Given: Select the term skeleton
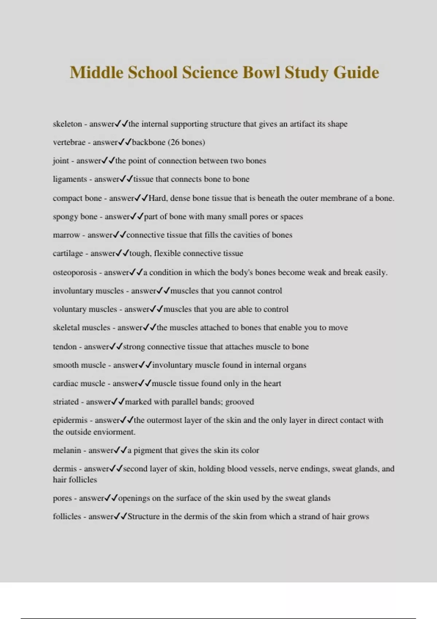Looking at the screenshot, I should tap(67, 124).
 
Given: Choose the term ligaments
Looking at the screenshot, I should tap(70, 179).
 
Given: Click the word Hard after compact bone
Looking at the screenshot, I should tap(157, 198).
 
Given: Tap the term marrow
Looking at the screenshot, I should tap(66, 235).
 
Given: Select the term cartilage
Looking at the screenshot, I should tap(68, 253).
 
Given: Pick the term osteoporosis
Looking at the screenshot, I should tap(75, 272).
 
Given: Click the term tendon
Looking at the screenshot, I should tap(65, 347).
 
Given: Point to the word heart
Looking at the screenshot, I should tap(272, 383).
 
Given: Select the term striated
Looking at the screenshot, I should tap(66, 402).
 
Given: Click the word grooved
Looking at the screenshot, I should tap(239, 402).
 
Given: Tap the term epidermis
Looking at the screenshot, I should tap(70, 420).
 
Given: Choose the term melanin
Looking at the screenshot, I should tap(67, 450).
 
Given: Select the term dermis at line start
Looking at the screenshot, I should tap(65, 469).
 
